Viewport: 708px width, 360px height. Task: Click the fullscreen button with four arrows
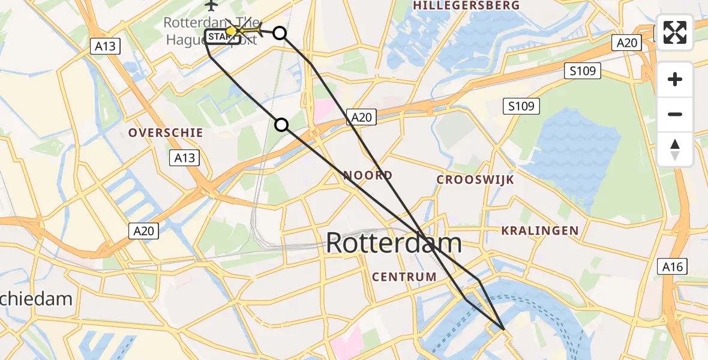tap(675, 32)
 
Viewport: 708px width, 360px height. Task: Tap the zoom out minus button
tap(675, 114)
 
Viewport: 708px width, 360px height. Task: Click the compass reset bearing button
tap(675, 149)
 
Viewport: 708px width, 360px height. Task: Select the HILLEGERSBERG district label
tap(466, 5)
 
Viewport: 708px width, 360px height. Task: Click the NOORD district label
tap(368, 175)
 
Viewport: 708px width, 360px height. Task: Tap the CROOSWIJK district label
tap(475, 179)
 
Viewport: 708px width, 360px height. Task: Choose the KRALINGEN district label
tap(539, 230)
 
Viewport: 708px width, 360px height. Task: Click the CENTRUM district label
tap(404, 277)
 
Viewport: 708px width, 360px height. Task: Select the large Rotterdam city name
tap(394, 244)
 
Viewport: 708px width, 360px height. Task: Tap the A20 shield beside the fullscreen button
tap(628, 42)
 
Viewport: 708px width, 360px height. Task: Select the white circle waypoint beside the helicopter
tap(280, 33)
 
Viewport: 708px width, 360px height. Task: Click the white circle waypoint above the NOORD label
tap(281, 125)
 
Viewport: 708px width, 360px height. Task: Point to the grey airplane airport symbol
tap(211, 5)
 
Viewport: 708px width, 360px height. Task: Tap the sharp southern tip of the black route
tap(503, 329)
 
